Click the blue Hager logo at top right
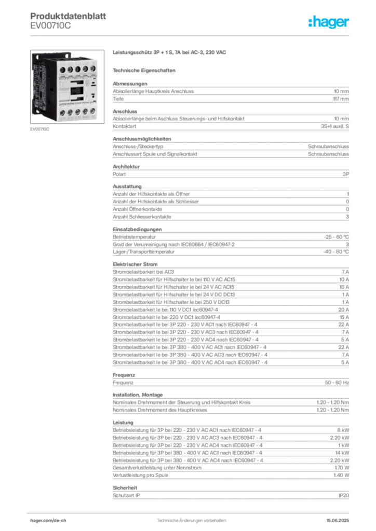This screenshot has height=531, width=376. click(329, 22)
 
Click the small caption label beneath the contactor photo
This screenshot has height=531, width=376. click(39, 130)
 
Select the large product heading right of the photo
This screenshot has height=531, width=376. click(170, 52)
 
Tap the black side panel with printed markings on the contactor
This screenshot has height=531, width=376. click(44, 86)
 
